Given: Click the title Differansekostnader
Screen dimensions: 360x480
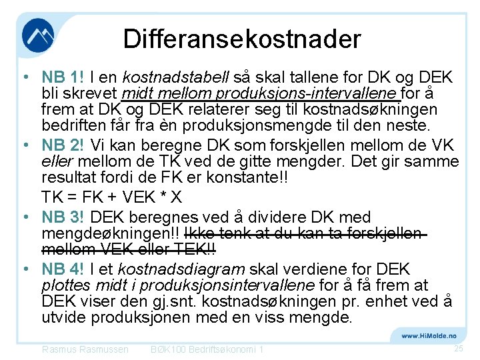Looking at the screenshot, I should [241, 39].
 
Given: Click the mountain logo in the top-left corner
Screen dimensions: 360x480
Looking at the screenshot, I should [37, 36].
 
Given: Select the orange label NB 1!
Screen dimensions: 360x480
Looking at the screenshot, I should [61, 77].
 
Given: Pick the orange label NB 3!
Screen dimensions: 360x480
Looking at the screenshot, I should [63, 217].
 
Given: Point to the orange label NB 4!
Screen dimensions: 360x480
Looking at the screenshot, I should [61, 269].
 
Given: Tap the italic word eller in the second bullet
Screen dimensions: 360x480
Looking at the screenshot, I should [55, 162].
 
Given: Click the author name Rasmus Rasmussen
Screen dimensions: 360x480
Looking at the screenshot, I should [85, 349].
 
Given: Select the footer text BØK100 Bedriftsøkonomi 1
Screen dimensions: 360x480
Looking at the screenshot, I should [207, 349].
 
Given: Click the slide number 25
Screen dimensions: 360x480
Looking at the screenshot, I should [457, 349].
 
